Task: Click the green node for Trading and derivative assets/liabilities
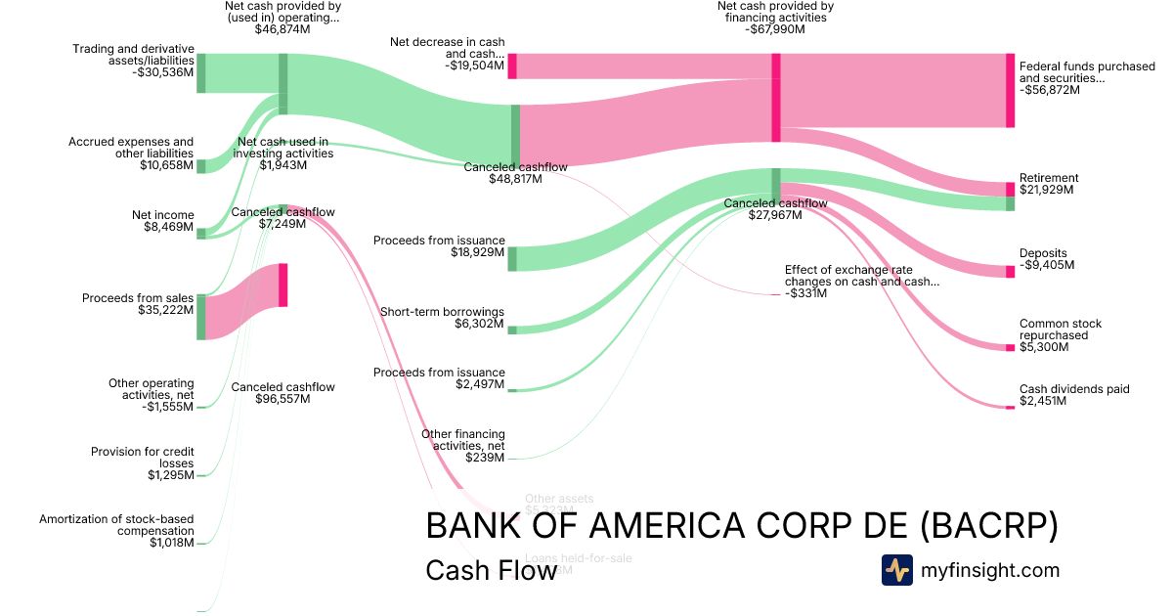(x=201, y=73)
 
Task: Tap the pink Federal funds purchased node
(x=1010, y=90)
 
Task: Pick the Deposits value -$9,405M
(x=1047, y=265)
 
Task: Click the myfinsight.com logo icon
(x=896, y=570)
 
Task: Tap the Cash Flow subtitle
(x=491, y=570)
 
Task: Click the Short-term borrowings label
(x=442, y=312)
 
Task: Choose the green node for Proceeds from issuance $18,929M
(x=511, y=258)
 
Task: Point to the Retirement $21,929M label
(x=1049, y=184)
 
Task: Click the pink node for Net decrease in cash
(x=511, y=66)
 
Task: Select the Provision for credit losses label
(x=143, y=458)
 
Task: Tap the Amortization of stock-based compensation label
(x=117, y=525)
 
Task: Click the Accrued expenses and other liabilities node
(x=201, y=166)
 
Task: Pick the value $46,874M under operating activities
(x=282, y=29)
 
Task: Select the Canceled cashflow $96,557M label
(x=282, y=393)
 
